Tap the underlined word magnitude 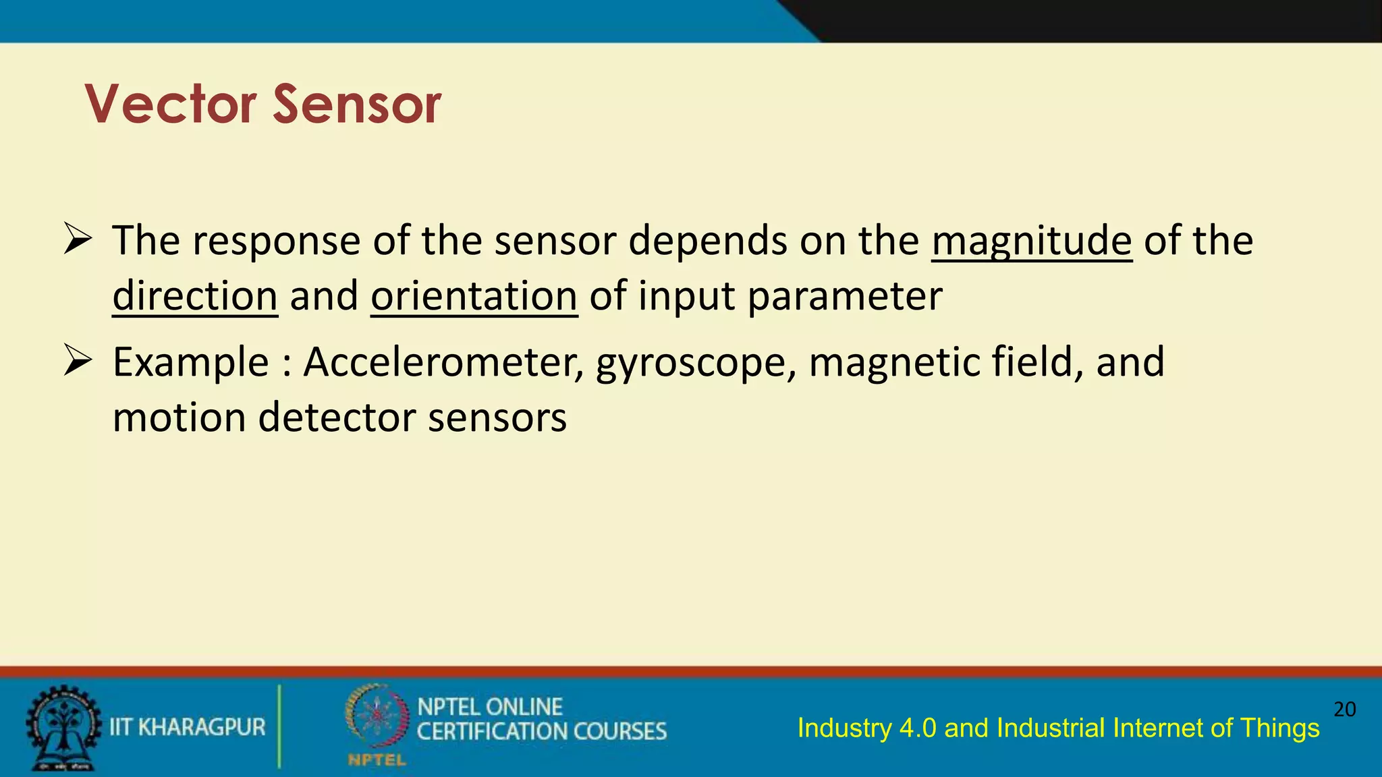pos(1031,241)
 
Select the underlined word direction pos(195,297)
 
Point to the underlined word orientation pos(474,297)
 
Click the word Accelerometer pos(443,362)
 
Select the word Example pos(191,363)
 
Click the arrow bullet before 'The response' pos(77,239)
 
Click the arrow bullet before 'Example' pos(77,360)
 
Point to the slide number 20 pos(1344,710)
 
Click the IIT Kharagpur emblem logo pos(63,728)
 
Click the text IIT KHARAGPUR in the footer pos(188,727)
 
